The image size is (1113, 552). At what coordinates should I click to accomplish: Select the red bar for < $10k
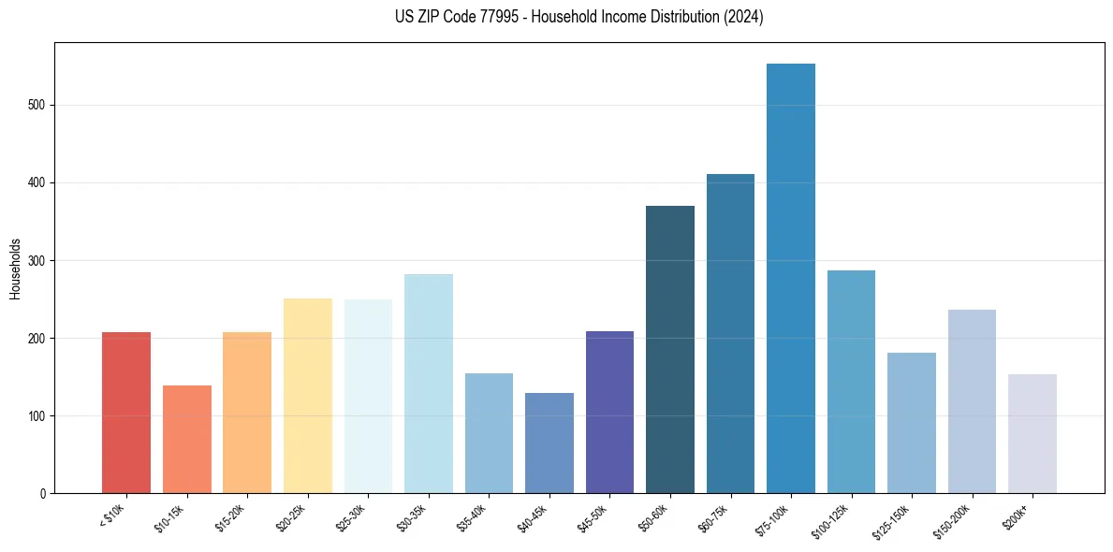coord(126,413)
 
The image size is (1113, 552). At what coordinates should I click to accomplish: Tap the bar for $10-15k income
coord(187,439)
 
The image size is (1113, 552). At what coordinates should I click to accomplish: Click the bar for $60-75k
coord(730,333)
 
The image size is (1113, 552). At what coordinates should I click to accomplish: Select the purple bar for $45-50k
coord(609,412)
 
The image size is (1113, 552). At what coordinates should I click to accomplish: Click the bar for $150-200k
coord(972,401)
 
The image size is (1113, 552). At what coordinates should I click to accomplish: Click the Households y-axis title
coord(16,268)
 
